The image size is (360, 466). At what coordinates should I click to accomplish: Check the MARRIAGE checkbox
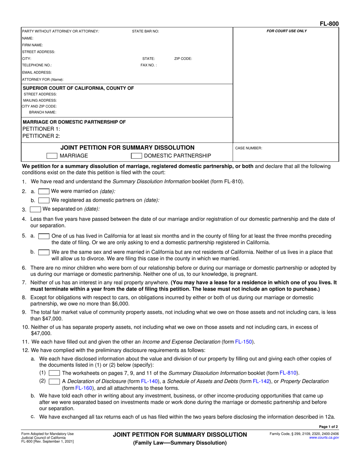pos(52,156)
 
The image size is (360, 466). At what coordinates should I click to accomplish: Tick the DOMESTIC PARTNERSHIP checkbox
pos(136,156)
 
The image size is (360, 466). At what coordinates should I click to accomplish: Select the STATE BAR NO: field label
pos(145,31)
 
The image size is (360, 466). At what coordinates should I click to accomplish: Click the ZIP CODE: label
pos(183,59)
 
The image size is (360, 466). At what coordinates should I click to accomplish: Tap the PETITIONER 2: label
pos(41,136)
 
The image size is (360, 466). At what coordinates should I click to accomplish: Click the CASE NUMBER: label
pos(249,148)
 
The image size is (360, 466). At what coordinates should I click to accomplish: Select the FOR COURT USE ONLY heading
pos(287,31)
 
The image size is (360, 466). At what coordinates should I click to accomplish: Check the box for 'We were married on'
pos(44,191)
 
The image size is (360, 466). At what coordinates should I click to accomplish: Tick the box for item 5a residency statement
pos(44,236)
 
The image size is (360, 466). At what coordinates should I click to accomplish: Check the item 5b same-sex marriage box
pos(44,252)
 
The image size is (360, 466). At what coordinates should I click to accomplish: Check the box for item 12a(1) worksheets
pos(54,373)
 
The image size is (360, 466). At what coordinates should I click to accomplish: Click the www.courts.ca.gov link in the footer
pos(324,437)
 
